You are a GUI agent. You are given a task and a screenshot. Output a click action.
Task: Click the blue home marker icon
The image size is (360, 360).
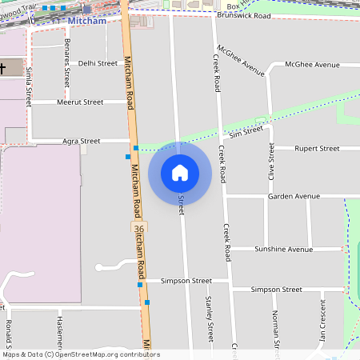click(x=180, y=173)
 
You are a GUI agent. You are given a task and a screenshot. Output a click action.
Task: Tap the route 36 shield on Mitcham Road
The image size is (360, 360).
click(x=139, y=229)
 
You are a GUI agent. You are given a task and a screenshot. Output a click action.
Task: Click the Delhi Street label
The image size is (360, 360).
click(x=98, y=62)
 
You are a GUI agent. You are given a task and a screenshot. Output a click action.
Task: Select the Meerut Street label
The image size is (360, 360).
click(x=80, y=102)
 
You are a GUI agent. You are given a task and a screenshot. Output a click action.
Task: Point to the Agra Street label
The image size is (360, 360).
click(x=82, y=141)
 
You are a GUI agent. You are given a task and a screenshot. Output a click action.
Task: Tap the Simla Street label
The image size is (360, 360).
click(x=28, y=86)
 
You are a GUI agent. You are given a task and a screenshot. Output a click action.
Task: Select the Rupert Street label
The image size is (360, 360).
click(x=317, y=148)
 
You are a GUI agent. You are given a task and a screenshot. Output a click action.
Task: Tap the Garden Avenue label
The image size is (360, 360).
click(x=294, y=196)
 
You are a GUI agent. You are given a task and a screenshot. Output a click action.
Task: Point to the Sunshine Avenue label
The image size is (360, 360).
click(x=282, y=249)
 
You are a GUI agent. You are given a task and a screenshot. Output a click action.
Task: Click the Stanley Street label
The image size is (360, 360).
click(x=210, y=318)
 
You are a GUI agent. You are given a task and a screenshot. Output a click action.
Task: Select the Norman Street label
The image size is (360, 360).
click(x=275, y=330)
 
